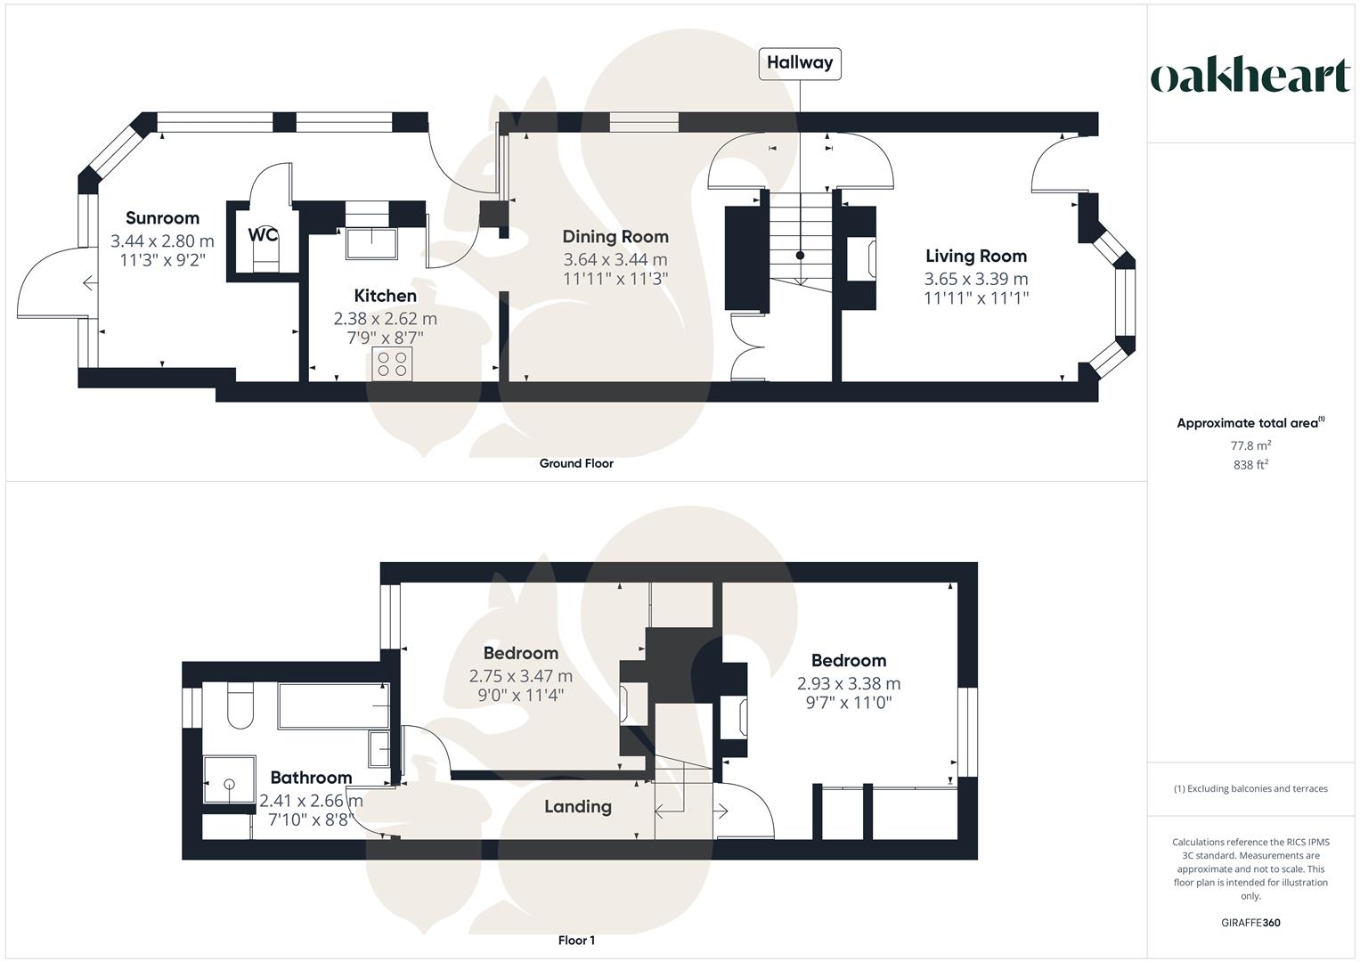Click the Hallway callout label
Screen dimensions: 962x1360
pos(799,63)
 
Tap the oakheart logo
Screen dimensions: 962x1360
pos(1250,77)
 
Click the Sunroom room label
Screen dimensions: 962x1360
pos(162,218)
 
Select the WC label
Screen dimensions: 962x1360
pos(263,235)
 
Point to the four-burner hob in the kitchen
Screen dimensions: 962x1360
pos(392,363)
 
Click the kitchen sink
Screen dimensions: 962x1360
pos(371,244)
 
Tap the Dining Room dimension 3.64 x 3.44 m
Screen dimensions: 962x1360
pos(615,259)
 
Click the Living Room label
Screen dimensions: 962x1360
pos(976,257)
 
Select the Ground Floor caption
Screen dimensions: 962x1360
pos(576,463)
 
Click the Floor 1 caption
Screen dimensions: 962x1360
pos(576,941)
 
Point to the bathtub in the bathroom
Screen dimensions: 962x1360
pos(333,705)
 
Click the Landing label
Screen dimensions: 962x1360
pos(578,807)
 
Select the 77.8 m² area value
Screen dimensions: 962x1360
pos(1250,445)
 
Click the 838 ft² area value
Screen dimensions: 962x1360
pos(1250,465)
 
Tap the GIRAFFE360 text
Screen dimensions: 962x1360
pos(1250,923)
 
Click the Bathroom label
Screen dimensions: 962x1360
pos(311,778)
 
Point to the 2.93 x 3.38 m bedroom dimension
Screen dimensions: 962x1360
pos(848,684)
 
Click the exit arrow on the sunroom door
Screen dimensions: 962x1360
pos(89,284)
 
